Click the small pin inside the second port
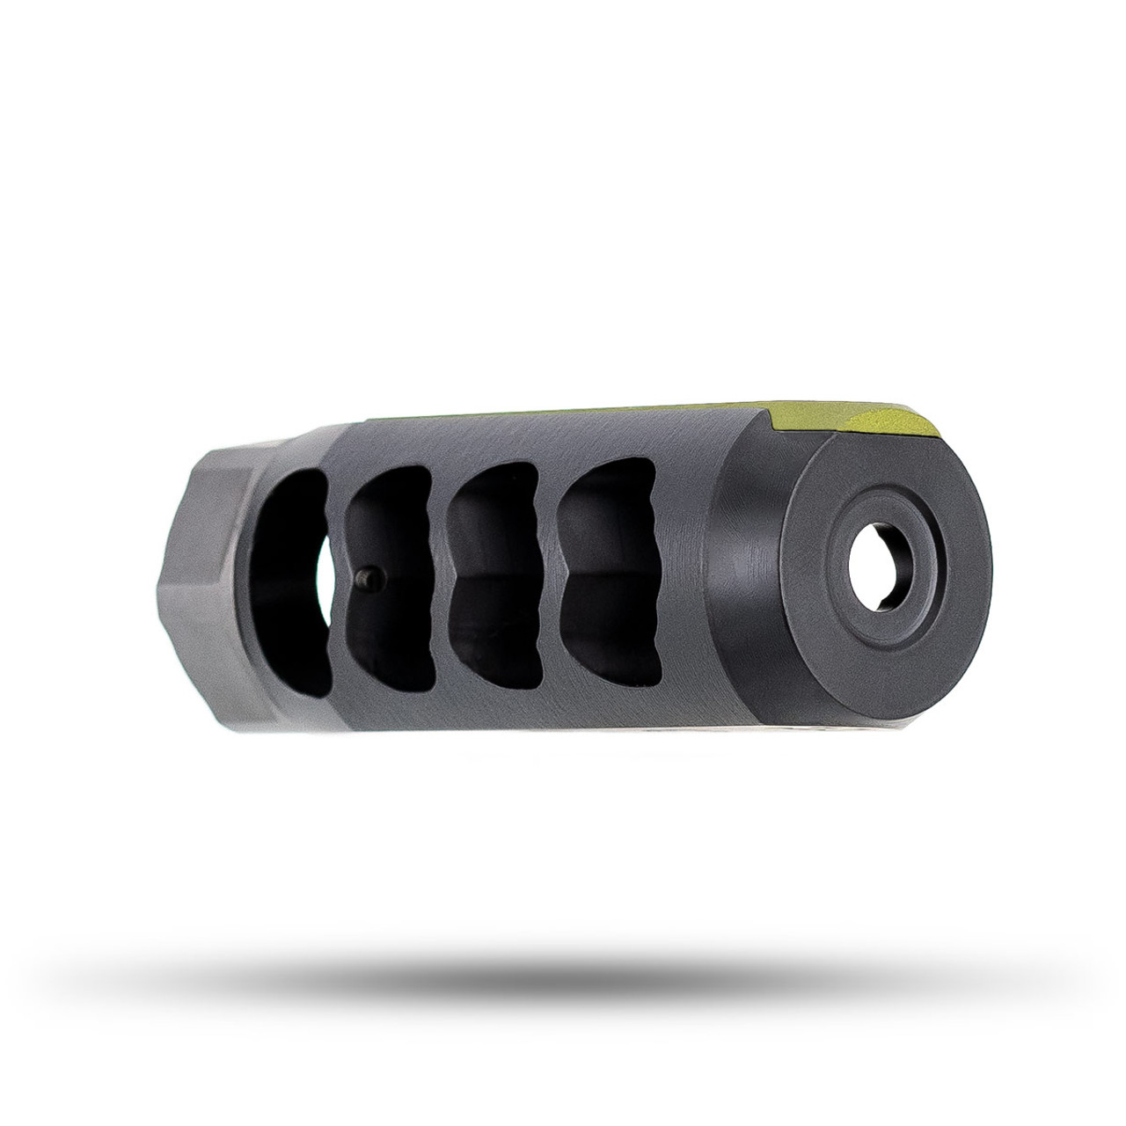tap(370, 577)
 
